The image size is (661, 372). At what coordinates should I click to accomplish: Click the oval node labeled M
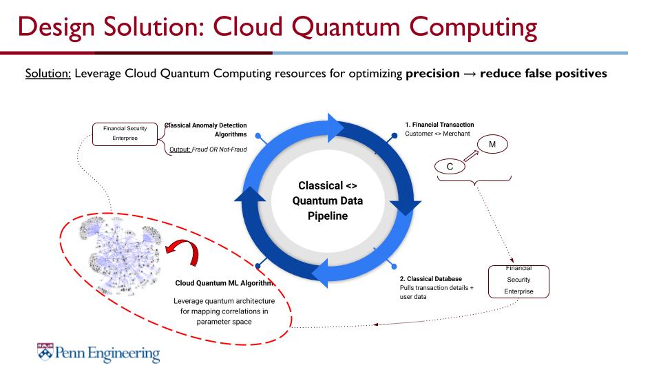point(492,145)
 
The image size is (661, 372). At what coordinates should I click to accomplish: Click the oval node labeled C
point(450,167)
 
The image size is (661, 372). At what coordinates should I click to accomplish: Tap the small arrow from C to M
point(471,156)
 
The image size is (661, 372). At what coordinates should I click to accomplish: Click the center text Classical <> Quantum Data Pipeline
point(328,200)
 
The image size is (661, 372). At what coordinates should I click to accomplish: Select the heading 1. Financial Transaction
point(439,125)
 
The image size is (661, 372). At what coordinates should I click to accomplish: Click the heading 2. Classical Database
point(430,279)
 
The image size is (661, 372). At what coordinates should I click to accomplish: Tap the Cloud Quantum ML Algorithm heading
point(224,283)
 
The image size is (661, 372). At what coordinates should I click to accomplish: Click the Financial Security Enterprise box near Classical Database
point(518,281)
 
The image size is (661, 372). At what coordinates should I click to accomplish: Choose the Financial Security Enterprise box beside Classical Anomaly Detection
point(125,134)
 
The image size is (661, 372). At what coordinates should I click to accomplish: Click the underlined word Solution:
point(48,74)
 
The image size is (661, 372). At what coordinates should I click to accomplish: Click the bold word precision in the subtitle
point(432,74)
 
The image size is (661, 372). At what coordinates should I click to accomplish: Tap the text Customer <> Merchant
point(437,134)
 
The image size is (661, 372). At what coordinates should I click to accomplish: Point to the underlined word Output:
point(180,149)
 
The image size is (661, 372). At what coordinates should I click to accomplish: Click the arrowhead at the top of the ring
point(336,128)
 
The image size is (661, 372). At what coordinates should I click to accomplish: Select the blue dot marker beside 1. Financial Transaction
point(394,136)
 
